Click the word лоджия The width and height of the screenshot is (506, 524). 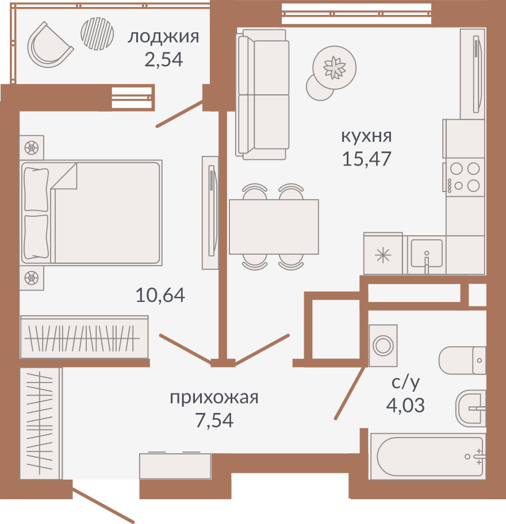pos(163,37)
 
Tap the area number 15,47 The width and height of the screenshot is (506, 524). pos(367,159)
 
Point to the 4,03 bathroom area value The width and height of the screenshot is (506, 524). pos(405,405)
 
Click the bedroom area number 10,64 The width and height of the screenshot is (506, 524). pos(160,295)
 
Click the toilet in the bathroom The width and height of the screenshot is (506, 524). pos(462,360)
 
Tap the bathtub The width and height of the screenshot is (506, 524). pos(427,456)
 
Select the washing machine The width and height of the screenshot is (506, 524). pos(383,345)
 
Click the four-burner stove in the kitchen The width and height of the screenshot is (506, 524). pos(463,177)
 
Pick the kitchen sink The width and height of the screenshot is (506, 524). pos(427,254)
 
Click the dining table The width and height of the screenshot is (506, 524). pos(274,227)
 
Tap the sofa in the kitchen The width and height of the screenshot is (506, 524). pos(263,94)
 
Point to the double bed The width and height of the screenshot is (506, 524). pos(91,213)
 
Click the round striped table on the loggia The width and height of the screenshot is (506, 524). pos(97,34)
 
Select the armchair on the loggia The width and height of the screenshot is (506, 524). pos(49,45)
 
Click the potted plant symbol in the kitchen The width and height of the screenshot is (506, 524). pos(334,67)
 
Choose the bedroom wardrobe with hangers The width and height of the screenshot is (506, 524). pos(84,337)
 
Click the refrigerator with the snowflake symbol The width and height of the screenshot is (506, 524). pos(383,254)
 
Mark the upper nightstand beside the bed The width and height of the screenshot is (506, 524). pos(32,147)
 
